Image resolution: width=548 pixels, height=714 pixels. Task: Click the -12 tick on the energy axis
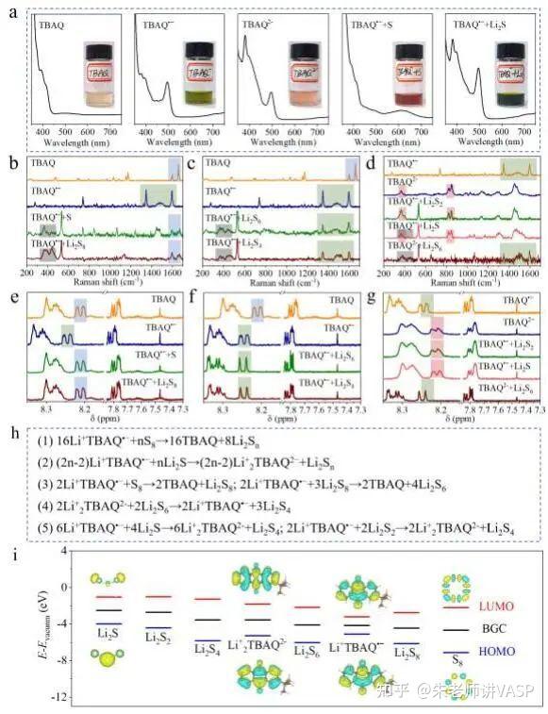(x=58, y=698)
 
